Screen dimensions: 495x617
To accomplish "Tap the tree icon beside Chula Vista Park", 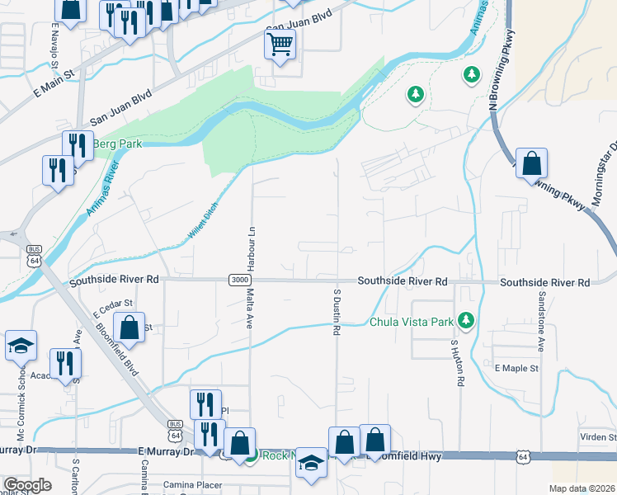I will [467, 319].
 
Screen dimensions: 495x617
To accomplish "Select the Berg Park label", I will [117, 144].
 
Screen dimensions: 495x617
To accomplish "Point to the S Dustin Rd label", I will [337, 312].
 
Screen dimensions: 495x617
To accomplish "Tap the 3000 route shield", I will [238, 280].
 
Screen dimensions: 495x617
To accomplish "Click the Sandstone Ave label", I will [542, 319].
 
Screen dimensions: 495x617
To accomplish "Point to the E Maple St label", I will [516, 367].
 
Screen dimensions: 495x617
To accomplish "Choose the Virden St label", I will [601, 437].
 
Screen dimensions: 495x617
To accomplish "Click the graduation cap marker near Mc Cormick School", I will [21, 346].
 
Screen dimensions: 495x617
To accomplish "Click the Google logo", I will [27, 485].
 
